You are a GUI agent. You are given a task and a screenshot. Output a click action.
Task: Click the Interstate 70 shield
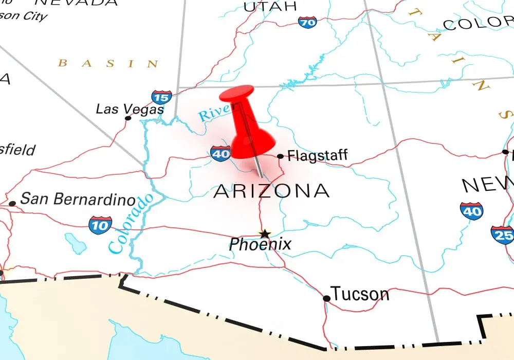pos(307,22)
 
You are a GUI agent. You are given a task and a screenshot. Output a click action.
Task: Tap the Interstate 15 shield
pos(161,97)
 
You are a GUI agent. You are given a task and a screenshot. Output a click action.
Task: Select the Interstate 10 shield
pos(100,225)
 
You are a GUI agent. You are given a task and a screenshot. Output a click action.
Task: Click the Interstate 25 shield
pos(502,234)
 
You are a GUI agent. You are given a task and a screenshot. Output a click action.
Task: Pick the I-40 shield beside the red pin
pos(221,153)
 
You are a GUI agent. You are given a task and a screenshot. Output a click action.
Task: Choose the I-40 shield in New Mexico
pos(471,211)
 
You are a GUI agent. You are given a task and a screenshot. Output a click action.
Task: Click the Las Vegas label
pos(130,109)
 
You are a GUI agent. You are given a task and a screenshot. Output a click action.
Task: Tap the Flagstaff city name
pos(317,155)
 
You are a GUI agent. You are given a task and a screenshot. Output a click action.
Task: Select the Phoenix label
pos(260,244)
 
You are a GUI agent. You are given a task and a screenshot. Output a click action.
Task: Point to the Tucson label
pos(360,294)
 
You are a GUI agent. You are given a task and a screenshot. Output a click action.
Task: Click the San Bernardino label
pos(78,200)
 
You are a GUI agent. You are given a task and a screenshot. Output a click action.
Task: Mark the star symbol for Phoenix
pos(264,233)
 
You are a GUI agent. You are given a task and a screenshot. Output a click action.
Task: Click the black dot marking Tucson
pos(326,298)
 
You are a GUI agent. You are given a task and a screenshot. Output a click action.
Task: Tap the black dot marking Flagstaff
pos(280,156)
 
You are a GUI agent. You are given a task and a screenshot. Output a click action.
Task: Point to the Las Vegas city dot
pos(128,118)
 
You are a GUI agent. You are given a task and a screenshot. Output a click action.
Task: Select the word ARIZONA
pos(271,191)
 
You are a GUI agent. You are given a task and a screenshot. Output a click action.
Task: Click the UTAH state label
pos(270,6)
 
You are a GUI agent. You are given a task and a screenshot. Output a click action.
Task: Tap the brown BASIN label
pos(108,63)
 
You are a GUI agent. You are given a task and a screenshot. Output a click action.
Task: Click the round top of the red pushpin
pos(236,96)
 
